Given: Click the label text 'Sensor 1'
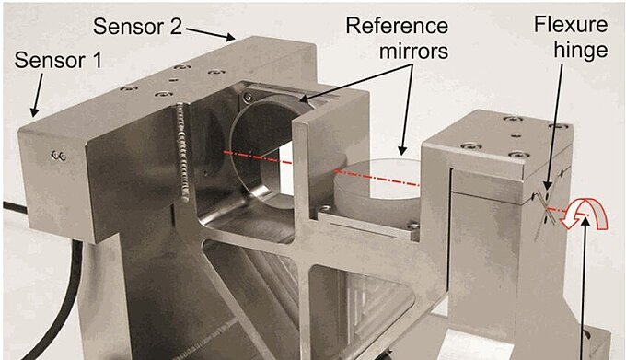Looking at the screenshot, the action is click(58, 61).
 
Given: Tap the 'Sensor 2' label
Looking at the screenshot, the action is click(137, 27).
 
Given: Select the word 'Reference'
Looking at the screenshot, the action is click(397, 26).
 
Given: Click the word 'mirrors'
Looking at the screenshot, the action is click(413, 51).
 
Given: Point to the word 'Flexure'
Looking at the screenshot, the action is click(571, 24).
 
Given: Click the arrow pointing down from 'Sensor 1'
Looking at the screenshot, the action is click(37, 95).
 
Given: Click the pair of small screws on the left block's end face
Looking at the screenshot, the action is click(59, 156).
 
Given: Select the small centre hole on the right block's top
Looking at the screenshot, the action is click(516, 135).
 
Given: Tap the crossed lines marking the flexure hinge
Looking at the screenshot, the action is click(545, 214).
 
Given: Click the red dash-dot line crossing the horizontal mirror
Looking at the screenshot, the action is click(377, 179).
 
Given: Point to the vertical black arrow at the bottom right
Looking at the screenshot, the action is click(584, 288).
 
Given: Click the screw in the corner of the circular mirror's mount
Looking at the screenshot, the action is click(249, 96).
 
